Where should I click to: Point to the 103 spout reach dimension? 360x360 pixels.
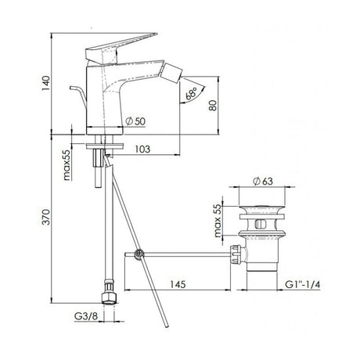click(142, 148)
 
